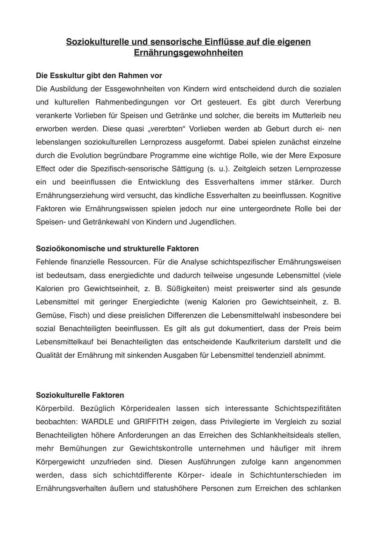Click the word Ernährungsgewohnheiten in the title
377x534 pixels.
point(188,53)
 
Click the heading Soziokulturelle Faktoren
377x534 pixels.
point(80,395)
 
